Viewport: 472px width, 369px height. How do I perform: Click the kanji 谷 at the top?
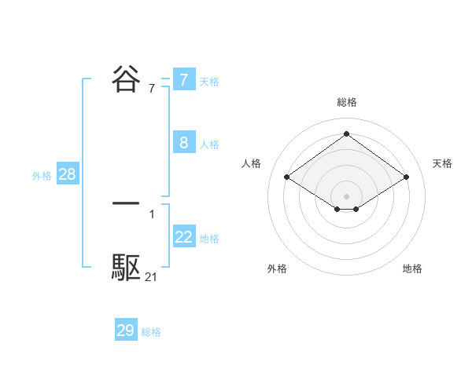127,79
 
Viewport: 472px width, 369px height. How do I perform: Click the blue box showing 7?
183,80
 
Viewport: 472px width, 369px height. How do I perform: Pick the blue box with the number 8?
183,143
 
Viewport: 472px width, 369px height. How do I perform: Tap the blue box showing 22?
183,237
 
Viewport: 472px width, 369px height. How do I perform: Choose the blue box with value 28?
67,174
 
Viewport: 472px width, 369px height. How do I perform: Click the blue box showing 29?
125,331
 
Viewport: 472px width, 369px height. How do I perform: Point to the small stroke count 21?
151,276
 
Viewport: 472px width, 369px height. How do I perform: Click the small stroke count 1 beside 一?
151,214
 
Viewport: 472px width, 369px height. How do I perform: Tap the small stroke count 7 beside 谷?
151,88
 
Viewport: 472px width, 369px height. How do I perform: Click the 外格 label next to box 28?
42,176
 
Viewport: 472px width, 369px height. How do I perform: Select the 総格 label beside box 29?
151,332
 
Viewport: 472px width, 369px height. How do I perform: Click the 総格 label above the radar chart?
346,102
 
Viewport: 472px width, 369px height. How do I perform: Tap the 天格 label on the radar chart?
442,163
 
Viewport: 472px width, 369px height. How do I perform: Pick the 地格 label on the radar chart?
412,269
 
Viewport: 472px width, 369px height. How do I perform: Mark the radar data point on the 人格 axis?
287,177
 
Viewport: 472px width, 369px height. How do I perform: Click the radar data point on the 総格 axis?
346,133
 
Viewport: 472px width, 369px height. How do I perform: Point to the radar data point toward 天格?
406,177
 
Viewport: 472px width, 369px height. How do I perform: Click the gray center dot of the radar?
346,195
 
